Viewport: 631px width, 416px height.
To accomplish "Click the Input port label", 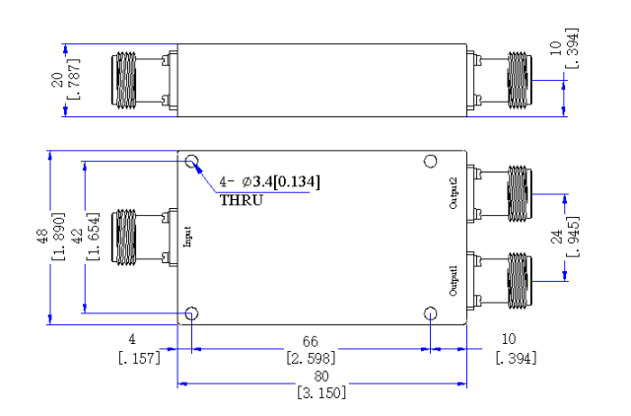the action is (187, 237).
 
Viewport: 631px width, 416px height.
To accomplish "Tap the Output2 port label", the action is (454, 193).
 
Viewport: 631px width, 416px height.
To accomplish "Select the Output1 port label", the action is (454, 280).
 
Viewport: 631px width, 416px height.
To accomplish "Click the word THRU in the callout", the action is (241, 200).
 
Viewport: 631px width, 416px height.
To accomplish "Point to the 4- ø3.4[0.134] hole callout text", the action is (269, 181).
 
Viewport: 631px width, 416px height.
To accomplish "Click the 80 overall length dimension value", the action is (321, 377).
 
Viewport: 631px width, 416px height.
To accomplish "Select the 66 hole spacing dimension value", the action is (311, 341).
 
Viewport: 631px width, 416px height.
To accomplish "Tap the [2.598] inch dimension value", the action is (311, 358).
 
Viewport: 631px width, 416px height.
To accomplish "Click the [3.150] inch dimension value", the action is (321, 392).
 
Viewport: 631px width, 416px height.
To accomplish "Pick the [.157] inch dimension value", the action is (139, 357).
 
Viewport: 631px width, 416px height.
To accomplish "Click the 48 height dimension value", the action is (41, 237).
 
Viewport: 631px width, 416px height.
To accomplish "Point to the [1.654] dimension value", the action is (93, 237).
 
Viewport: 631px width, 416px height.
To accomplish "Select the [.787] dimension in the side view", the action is (74, 79).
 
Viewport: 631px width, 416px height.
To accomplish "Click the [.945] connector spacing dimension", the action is (574, 237).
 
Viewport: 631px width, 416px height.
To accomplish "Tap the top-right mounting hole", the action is (431, 162).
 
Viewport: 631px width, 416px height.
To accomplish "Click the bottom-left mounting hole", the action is (191, 313).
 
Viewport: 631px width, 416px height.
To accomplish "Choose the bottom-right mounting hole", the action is (431, 313).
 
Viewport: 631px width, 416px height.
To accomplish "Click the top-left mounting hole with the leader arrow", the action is (191, 162).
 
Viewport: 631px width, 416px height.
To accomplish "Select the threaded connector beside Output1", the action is (520, 280).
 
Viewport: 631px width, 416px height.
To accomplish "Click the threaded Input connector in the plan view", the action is (124, 237).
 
